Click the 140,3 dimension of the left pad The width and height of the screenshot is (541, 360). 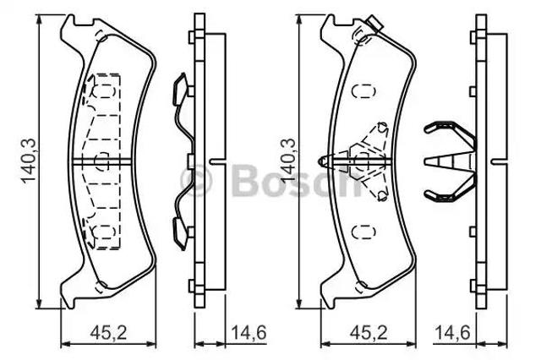pyautogui.click(x=28, y=161)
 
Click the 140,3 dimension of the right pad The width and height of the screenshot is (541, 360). pyautogui.click(x=288, y=161)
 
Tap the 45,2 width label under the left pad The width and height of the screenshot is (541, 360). pyautogui.click(x=109, y=333)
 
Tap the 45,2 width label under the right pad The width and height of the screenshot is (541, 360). pyautogui.click(x=369, y=333)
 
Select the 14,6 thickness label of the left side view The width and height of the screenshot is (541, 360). pyautogui.click(x=249, y=333)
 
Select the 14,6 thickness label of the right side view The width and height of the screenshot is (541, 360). pyautogui.click(x=452, y=333)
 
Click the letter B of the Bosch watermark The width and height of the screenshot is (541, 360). pyautogui.click(x=246, y=179)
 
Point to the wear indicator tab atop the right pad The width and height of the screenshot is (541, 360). pyautogui.click(x=375, y=25)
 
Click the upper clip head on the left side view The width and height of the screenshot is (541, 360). pyautogui.click(x=180, y=90)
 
